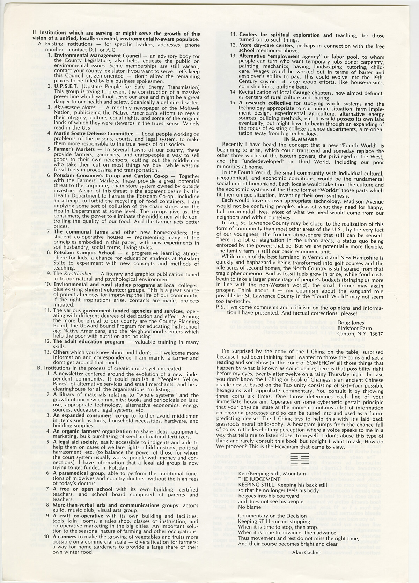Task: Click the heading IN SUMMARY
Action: (301, 139)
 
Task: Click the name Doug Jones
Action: (351, 323)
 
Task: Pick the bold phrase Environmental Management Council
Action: (97, 56)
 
